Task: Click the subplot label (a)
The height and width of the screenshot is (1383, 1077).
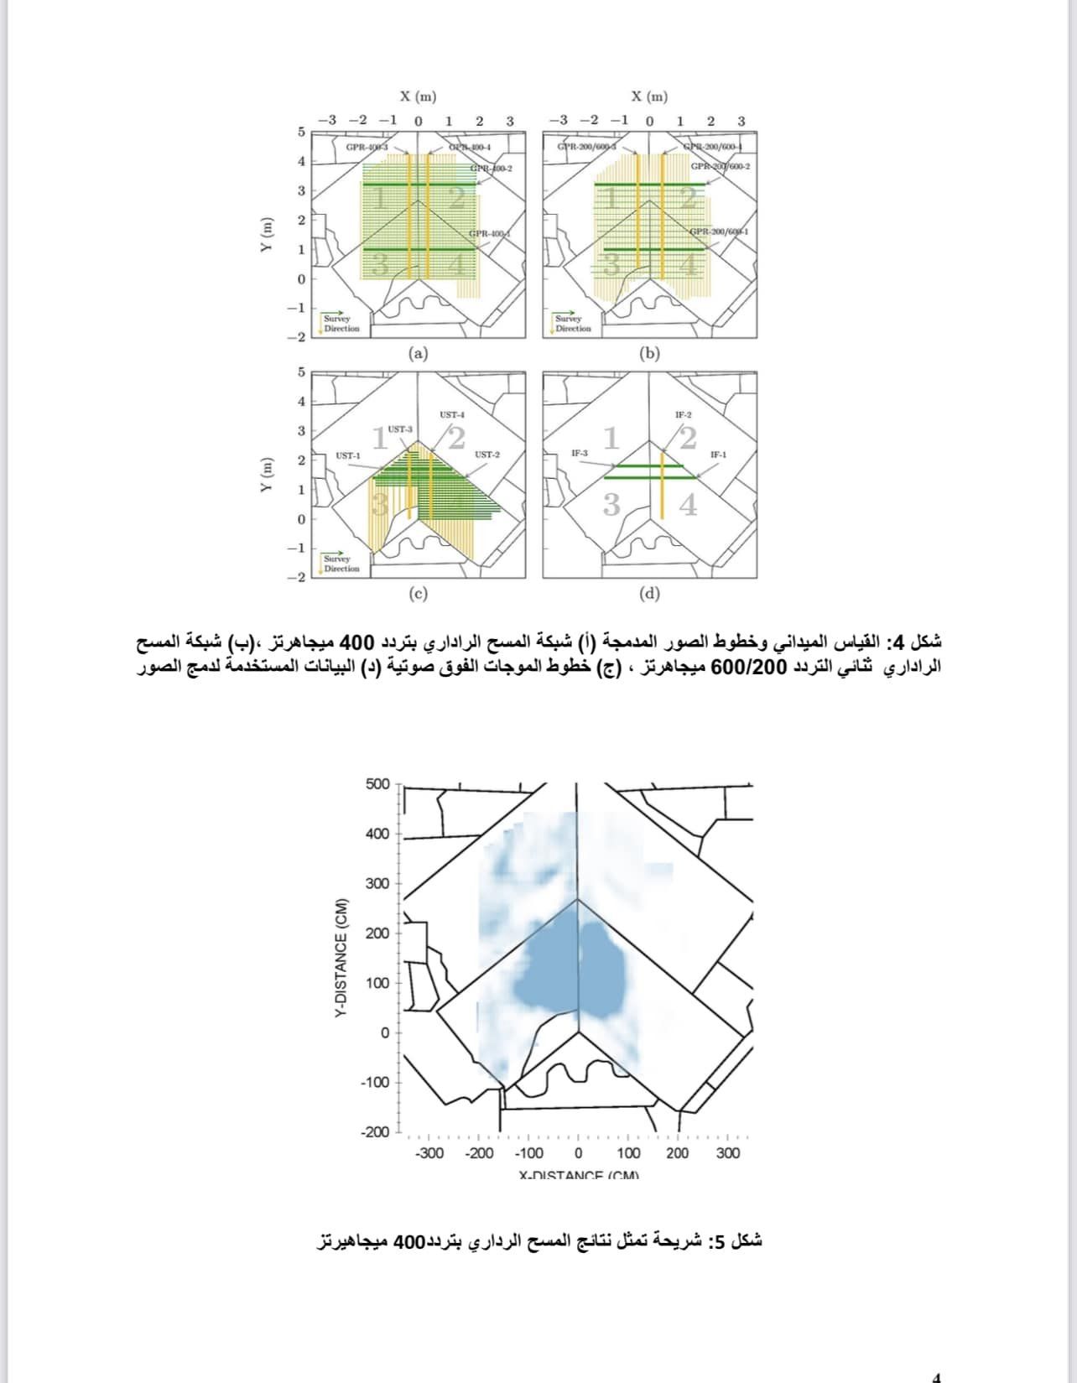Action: tap(418, 353)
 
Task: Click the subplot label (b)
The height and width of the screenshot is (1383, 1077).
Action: tap(649, 353)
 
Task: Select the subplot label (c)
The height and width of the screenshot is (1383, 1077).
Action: tap(418, 594)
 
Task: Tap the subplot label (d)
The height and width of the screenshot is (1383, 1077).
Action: tap(649, 594)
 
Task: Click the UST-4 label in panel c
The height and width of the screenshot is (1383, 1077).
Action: tap(452, 414)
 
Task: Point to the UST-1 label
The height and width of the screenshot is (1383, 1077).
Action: tap(347, 455)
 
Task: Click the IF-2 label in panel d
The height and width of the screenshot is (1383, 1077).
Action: tap(684, 414)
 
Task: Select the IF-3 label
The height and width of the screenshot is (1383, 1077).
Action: tap(580, 454)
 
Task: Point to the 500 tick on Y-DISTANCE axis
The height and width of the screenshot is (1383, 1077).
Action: tap(378, 784)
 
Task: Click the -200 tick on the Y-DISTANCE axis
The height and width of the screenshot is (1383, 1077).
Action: tap(375, 1132)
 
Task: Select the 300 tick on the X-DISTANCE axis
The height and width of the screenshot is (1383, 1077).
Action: tap(728, 1153)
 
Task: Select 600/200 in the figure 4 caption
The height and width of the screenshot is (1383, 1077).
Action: tap(738, 668)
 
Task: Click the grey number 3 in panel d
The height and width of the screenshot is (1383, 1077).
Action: tap(611, 505)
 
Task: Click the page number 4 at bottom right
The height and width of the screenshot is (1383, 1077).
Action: tap(937, 1376)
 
